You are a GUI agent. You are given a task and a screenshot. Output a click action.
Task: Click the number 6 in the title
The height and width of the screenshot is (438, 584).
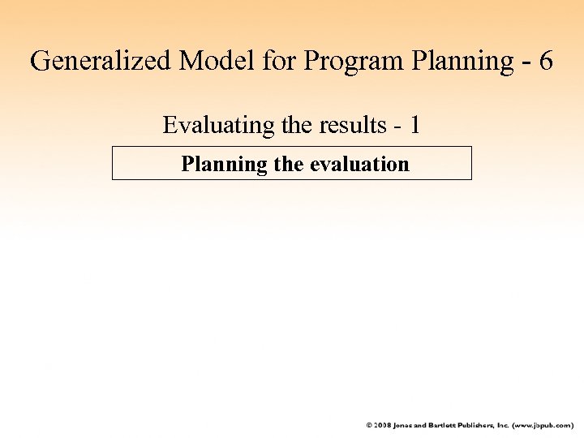tap(544, 61)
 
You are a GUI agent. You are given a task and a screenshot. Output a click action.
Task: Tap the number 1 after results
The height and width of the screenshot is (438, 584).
tap(414, 126)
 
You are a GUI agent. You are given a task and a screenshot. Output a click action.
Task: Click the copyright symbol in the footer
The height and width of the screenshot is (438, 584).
tap(369, 425)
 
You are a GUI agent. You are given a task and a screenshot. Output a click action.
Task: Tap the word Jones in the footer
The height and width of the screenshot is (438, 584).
tap(406, 425)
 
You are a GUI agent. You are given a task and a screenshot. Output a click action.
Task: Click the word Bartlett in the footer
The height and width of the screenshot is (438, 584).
tap(445, 425)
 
